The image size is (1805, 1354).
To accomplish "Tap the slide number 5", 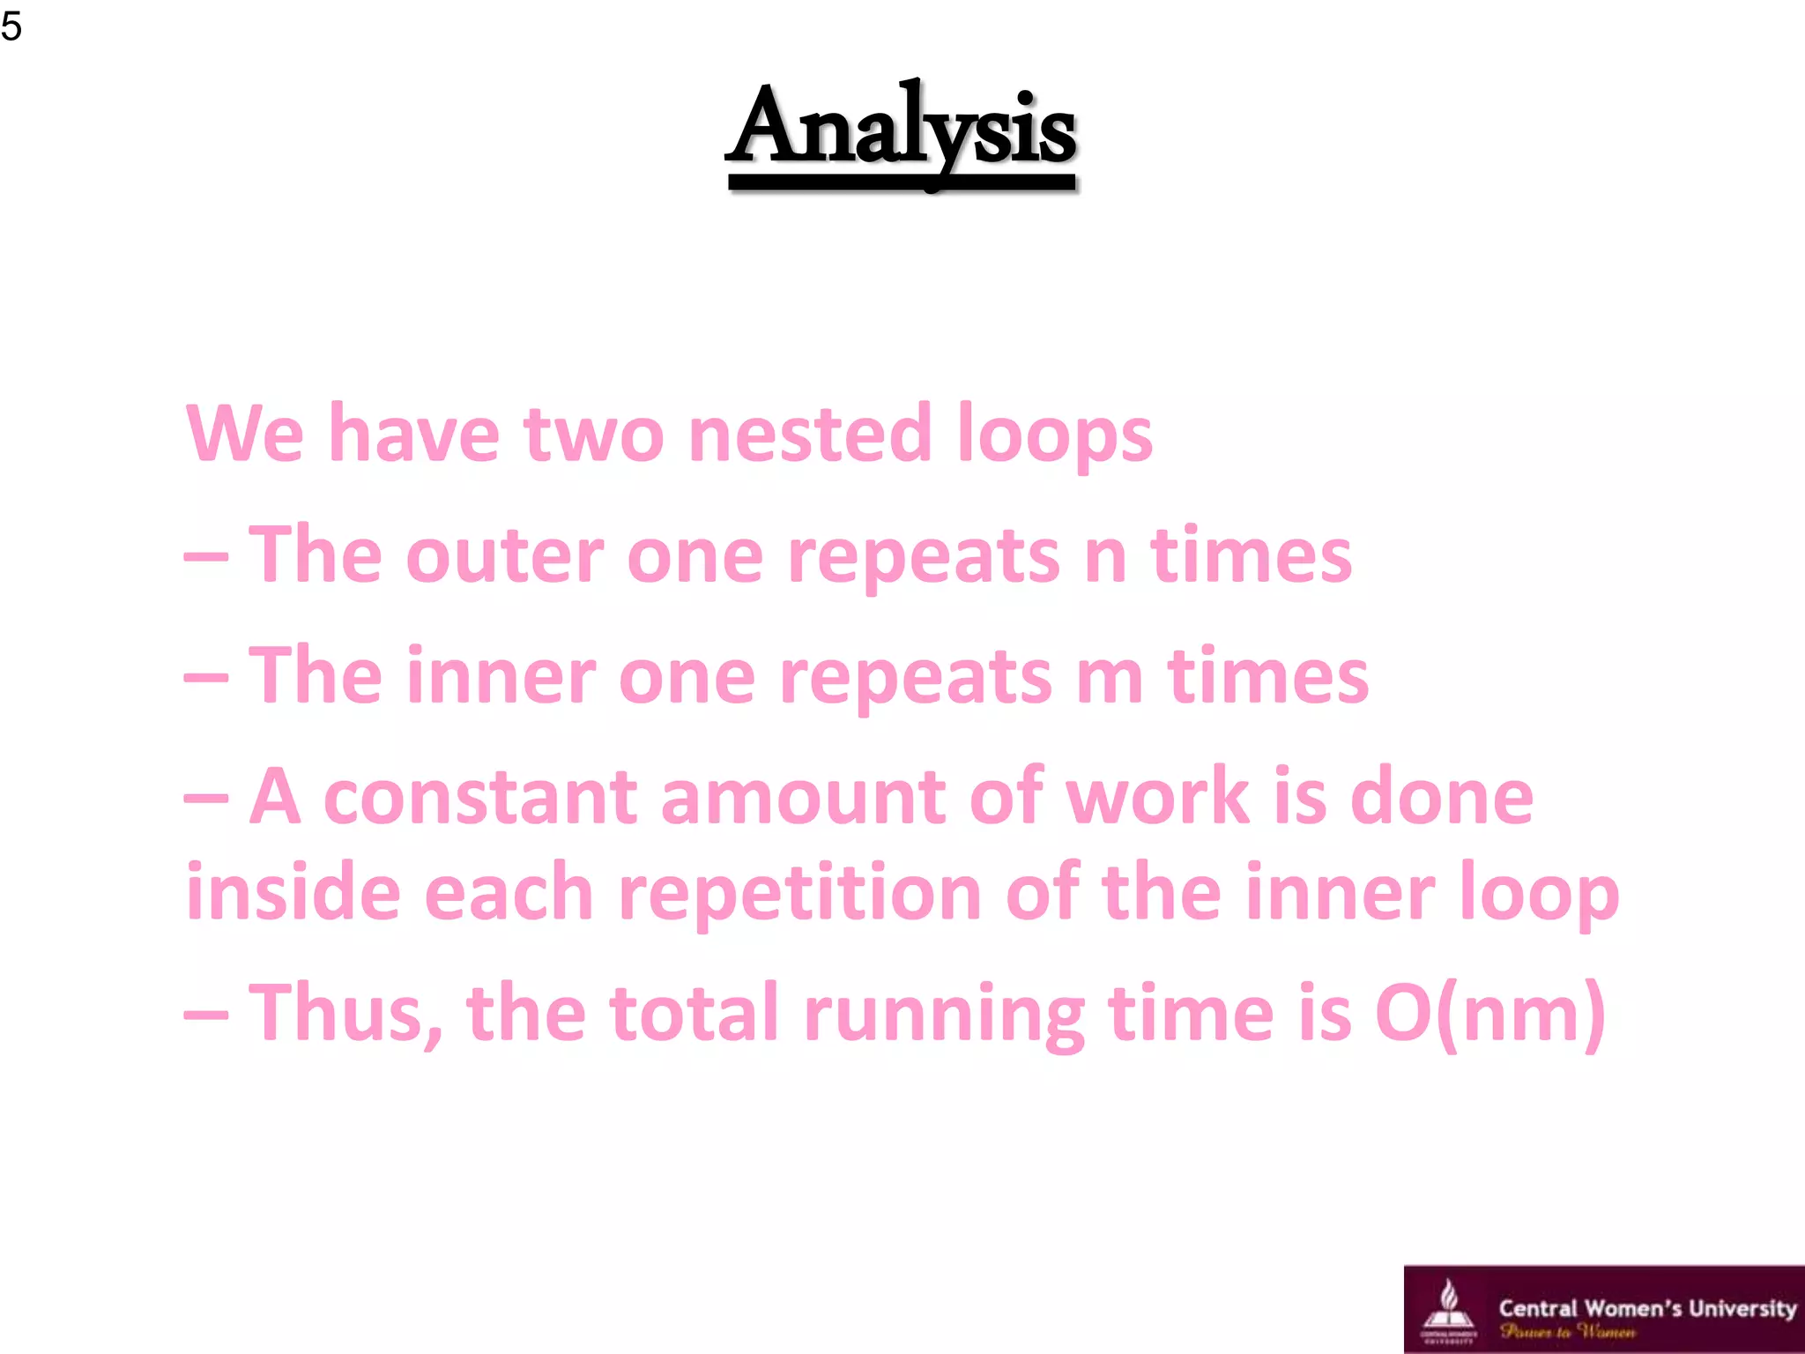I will coord(11,26).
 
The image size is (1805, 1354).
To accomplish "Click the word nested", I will coord(809,434).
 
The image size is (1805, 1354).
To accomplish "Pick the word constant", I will coord(480,798).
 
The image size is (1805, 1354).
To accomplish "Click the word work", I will coord(1157,798).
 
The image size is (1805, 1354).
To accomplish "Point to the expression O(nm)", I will coord(1490,1013).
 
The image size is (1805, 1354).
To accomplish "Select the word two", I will coord(594,435).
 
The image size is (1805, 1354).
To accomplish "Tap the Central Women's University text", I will coord(1646,1308).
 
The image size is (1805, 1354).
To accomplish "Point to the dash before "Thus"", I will coord(206,1015).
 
